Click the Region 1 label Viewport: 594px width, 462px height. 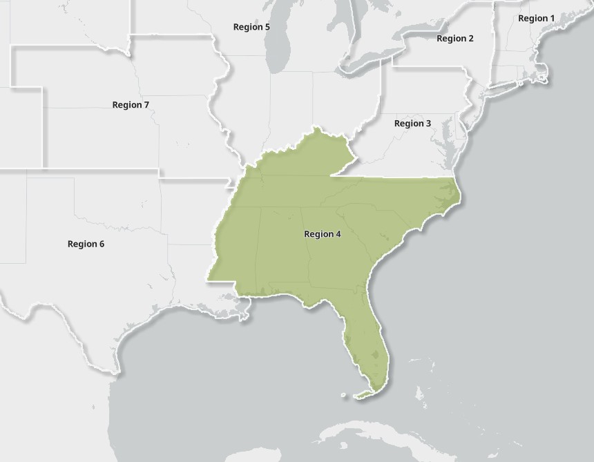[x=536, y=18]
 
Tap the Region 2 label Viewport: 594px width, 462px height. [x=455, y=39]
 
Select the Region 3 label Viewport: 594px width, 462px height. [x=412, y=123]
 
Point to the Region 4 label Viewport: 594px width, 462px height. [x=323, y=234]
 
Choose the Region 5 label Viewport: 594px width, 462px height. [x=251, y=27]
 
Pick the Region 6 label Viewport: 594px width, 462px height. [x=86, y=244]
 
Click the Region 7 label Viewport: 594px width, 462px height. [x=131, y=105]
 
